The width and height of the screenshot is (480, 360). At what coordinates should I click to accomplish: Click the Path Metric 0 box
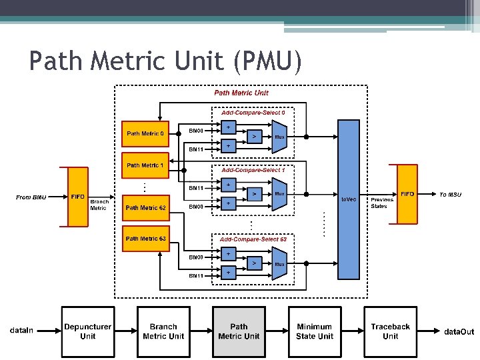coord(145,134)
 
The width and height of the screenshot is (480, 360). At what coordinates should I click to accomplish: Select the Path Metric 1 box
coord(145,165)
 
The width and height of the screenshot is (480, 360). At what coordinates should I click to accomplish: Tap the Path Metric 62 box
coord(145,207)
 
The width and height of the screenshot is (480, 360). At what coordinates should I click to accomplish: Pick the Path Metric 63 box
coord(145,239)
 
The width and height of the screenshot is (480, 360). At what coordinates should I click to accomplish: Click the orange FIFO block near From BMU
coord(78,196)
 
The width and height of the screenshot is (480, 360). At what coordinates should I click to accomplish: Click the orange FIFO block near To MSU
coord(407,194)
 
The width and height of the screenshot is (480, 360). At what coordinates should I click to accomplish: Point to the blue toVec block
coord(348,200)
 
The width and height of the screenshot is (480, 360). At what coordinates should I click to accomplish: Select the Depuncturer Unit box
coord(87,331)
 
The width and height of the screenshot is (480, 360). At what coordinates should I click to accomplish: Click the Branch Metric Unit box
coord(163,331)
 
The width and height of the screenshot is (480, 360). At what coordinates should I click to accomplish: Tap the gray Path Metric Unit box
coord(239,331)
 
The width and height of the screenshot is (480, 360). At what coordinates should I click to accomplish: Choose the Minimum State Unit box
coord(314,331)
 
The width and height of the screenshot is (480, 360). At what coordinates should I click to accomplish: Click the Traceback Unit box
coord(390,331)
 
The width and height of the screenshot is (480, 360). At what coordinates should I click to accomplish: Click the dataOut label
coord(459,331)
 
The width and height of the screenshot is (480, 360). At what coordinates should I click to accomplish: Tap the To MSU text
coord(450,195)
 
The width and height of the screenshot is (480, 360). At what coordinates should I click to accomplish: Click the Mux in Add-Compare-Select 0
coord(279,136)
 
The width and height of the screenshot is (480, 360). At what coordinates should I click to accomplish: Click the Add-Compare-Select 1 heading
coord(253,170)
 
